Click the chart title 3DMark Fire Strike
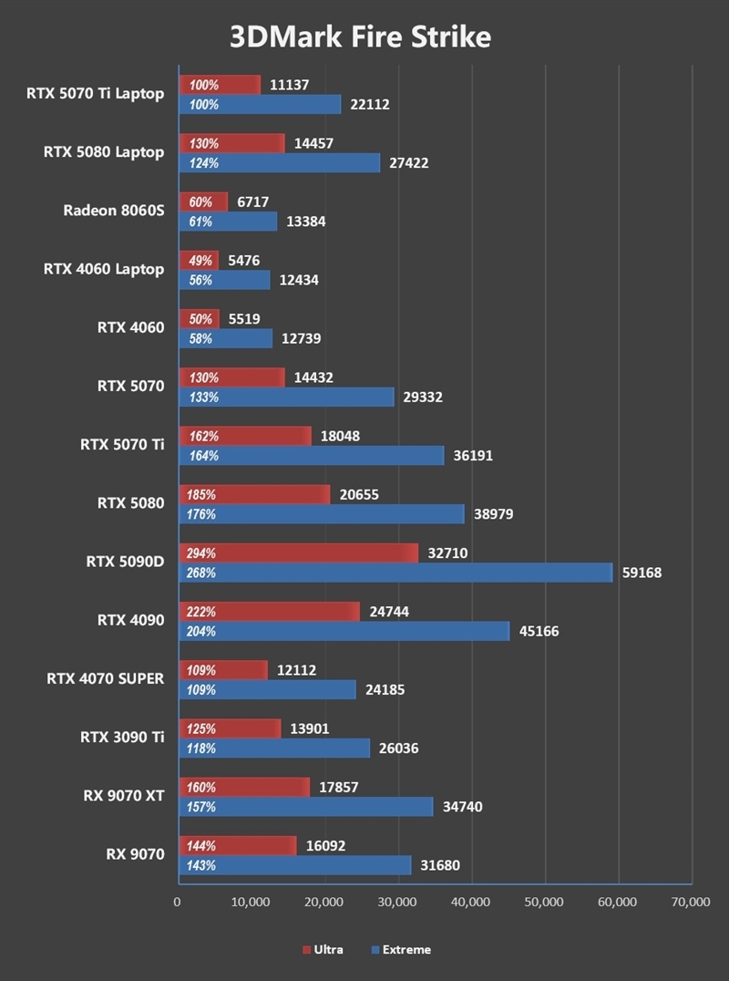360,36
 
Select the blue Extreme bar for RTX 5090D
395,573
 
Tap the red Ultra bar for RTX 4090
270,612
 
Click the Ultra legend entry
323,949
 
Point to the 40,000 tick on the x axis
471,903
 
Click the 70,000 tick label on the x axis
690,903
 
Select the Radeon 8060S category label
114,211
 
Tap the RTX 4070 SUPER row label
106,678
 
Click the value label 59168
642,573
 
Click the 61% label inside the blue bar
200,222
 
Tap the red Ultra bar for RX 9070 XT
244,787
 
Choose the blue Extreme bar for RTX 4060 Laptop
225,280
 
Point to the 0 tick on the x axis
178,903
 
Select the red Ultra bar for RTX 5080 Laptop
231,143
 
